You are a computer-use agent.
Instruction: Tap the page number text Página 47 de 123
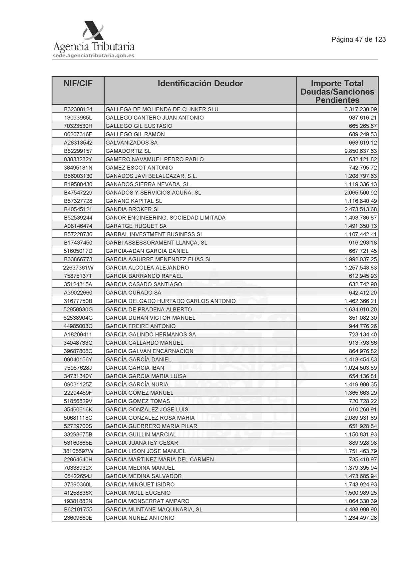point(358,39)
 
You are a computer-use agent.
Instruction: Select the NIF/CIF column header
point(78,83)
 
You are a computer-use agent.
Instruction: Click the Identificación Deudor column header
point(200,83)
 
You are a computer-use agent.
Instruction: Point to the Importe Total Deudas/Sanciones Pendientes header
point(337,92)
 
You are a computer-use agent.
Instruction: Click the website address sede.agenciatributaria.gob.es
point(94,56)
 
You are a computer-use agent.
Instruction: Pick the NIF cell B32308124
point(78,109)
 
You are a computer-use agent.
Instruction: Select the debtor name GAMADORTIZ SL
point(128,151)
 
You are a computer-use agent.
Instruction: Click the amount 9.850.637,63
point(361,151)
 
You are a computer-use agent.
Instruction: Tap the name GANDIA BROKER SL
point(133,209)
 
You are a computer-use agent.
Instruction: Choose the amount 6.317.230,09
point(361,109)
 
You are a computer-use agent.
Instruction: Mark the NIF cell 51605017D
point(78,251)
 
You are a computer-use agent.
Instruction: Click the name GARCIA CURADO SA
point(133,293)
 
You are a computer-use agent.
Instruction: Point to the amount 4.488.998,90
point(361,509)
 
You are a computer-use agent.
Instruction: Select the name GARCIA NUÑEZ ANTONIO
point(140,518)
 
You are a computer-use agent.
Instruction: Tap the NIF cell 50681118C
point(78,418)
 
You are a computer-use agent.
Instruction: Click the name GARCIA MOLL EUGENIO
point(138,493)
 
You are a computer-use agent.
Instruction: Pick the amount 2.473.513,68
point(361,209)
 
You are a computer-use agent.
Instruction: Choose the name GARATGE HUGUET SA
point(136,226)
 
